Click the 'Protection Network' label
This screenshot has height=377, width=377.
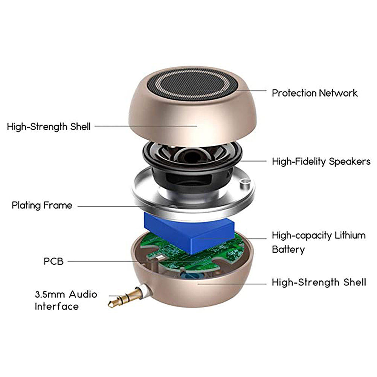pos(314,93)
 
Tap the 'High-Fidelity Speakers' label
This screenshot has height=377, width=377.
pos(321,162)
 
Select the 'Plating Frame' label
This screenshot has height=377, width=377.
pos(42,206)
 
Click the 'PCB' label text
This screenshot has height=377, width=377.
pos(53,261)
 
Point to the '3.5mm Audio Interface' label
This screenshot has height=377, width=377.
pos(66,300)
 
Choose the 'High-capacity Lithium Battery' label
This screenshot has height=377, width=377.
pos(319,242)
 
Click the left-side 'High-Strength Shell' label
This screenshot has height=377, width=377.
pos(49,127)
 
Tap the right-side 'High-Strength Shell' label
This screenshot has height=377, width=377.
pos(319,282)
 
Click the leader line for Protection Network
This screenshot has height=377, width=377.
pos(250,90)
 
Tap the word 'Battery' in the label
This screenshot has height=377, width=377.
pos(288,249)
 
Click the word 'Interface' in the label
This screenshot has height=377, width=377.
pos(57,307)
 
